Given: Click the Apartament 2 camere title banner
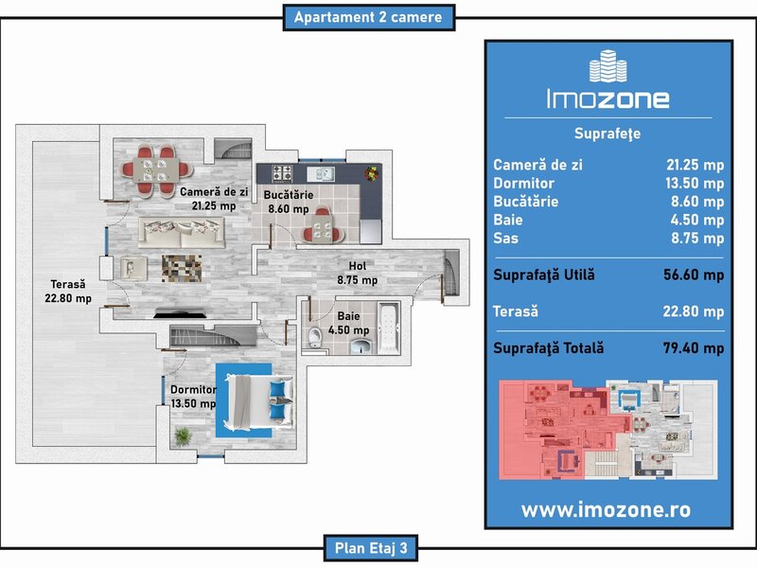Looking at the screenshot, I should point(368,17).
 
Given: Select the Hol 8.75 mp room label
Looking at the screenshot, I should point(358,273).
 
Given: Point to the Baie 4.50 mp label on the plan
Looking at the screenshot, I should point(348,323).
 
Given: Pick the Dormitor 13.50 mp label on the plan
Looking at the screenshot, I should point(193,395).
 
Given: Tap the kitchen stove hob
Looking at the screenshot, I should point(283,173).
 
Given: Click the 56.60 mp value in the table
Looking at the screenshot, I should point(694,275).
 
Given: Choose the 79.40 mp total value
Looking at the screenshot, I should point(694,347).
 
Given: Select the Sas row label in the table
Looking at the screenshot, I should point(506,238).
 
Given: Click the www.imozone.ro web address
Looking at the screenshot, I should point(607,509).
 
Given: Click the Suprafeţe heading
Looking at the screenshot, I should point(607,133).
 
